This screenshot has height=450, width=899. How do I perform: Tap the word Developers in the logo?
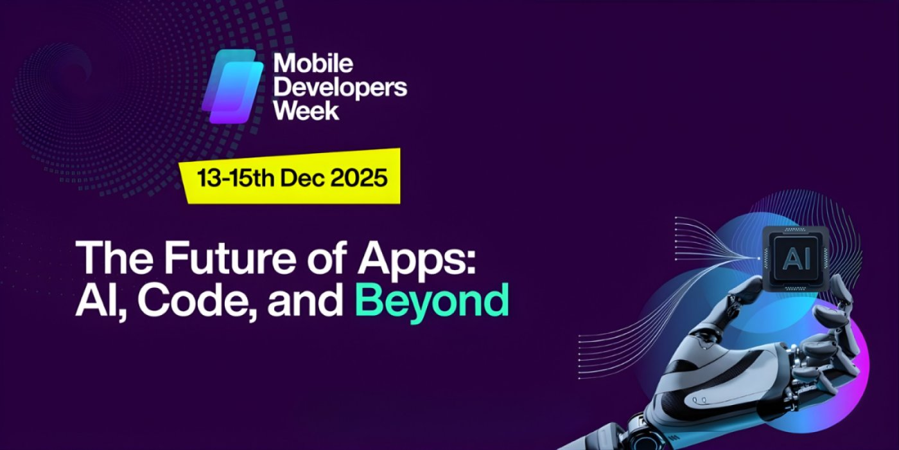tap(340, 87)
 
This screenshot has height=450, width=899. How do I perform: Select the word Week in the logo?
tap(306, 110)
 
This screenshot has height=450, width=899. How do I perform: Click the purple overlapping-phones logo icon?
tap(233, 86)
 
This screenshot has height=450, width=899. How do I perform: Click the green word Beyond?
tap(432, 299)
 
